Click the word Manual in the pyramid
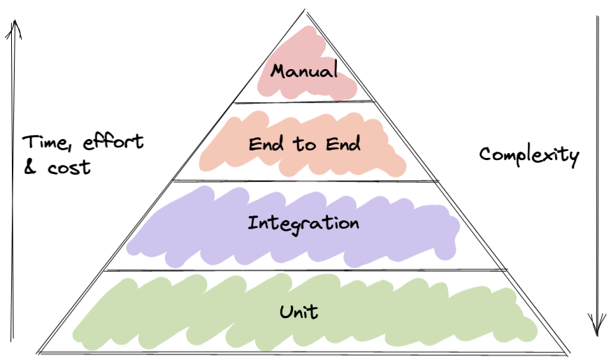click(304, 71)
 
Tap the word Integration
click(303, 224)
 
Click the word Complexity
click(529, 155)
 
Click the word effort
click(113, 142)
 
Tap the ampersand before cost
click(30, 168)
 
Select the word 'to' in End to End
click(305, 145)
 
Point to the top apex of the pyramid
click(305, 9)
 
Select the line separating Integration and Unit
click(304, 271)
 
